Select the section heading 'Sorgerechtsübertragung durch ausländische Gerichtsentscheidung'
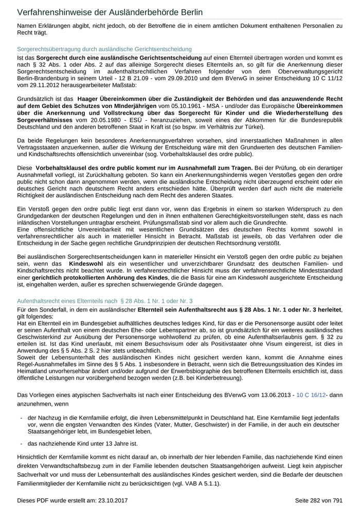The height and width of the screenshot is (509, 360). click(104, 49)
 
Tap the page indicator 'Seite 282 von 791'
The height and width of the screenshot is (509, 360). click(318, 499)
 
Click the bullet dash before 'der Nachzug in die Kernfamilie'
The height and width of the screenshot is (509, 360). click(21, 418)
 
